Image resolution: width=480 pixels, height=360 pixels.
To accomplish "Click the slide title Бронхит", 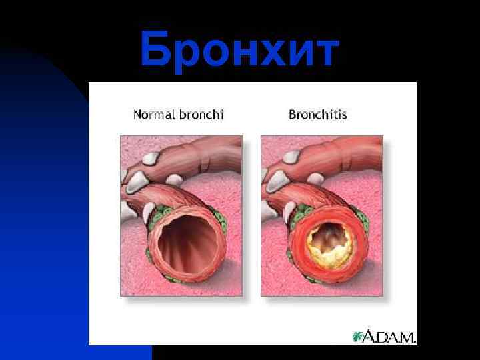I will coord(239,50).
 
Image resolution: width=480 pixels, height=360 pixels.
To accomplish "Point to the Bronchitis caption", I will coord(317,115).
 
